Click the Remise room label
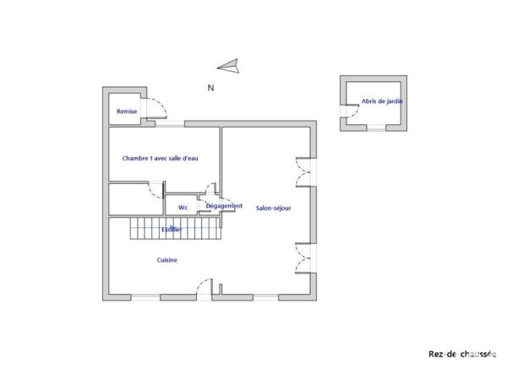click(127, 111)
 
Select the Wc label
click(183, 207)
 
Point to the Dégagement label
click(224, 206)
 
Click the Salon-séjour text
click(274, 207)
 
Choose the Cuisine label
click(166, 260)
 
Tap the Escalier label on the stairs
click(171, 228)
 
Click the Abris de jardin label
click(382, 101)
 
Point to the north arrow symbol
click(228, 66)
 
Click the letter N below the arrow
click(210, 87)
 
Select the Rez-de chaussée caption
click(461, 355)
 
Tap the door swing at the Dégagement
click(213, 194)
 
